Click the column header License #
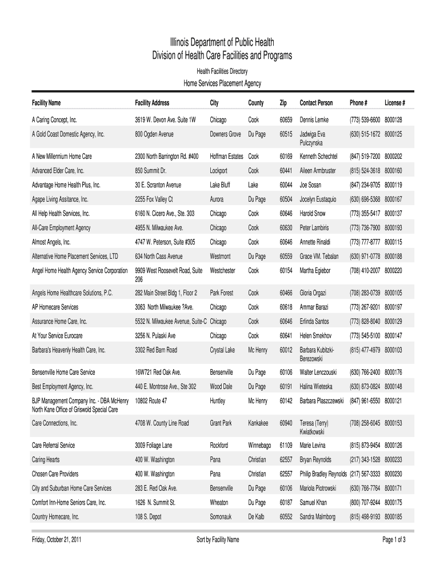coord(395,103)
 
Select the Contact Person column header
coord(316,103)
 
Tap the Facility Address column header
coord(152,103)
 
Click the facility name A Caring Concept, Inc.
coord(54,121)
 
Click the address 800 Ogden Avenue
coord(154,134)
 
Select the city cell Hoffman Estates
coord(227,156)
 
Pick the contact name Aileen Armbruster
coord(318,171)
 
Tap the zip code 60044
coord(286,185)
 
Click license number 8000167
coord(393,199)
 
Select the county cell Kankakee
coord(258,423)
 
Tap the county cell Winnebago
coord(259,445)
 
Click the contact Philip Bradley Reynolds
coord(323,474)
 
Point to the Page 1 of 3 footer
coord(394,540)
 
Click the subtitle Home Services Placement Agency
coord(222,83)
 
